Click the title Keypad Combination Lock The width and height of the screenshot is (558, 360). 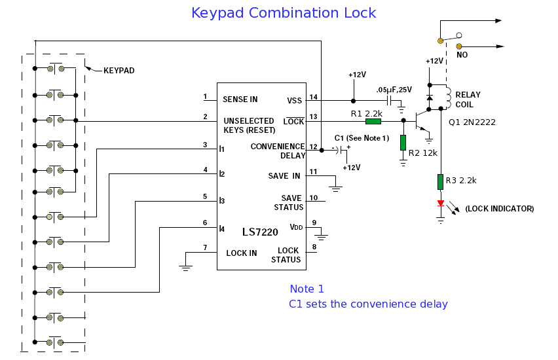click(x=284, y=13)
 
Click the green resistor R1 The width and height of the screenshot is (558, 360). click(x=373, y=121)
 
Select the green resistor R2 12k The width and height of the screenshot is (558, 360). click(x=403, y=142)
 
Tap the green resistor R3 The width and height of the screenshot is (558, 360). click(x=441, y=181)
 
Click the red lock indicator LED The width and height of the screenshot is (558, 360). click(x=441, y=204)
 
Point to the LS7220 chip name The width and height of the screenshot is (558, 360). click(x=260, y=232)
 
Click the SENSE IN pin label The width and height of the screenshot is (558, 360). click(x=240, y=99)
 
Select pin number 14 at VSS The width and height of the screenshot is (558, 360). click(x=313, y=97)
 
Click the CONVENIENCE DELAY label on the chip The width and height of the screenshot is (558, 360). click(x=277, y=151)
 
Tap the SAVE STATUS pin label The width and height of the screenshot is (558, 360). click(x=291, y=203)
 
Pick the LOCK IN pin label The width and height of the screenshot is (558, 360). click(x=242, y=253)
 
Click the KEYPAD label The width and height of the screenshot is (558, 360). click(x=119, y=70)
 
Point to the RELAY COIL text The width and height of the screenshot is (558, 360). click(x=468, y=99)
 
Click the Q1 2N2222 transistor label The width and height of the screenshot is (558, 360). click(x=471, y=122)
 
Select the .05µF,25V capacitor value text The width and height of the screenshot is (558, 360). click(x=395, y=90)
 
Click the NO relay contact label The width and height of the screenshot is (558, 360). click(x=462, y=55)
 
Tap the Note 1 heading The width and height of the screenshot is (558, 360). click(x=307, y=289)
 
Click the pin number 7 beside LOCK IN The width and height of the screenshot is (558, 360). click(x=205, y=247)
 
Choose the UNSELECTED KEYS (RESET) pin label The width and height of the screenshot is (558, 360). click(x=248, y=126)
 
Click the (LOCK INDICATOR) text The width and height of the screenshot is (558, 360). click(x=499, y=209)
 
